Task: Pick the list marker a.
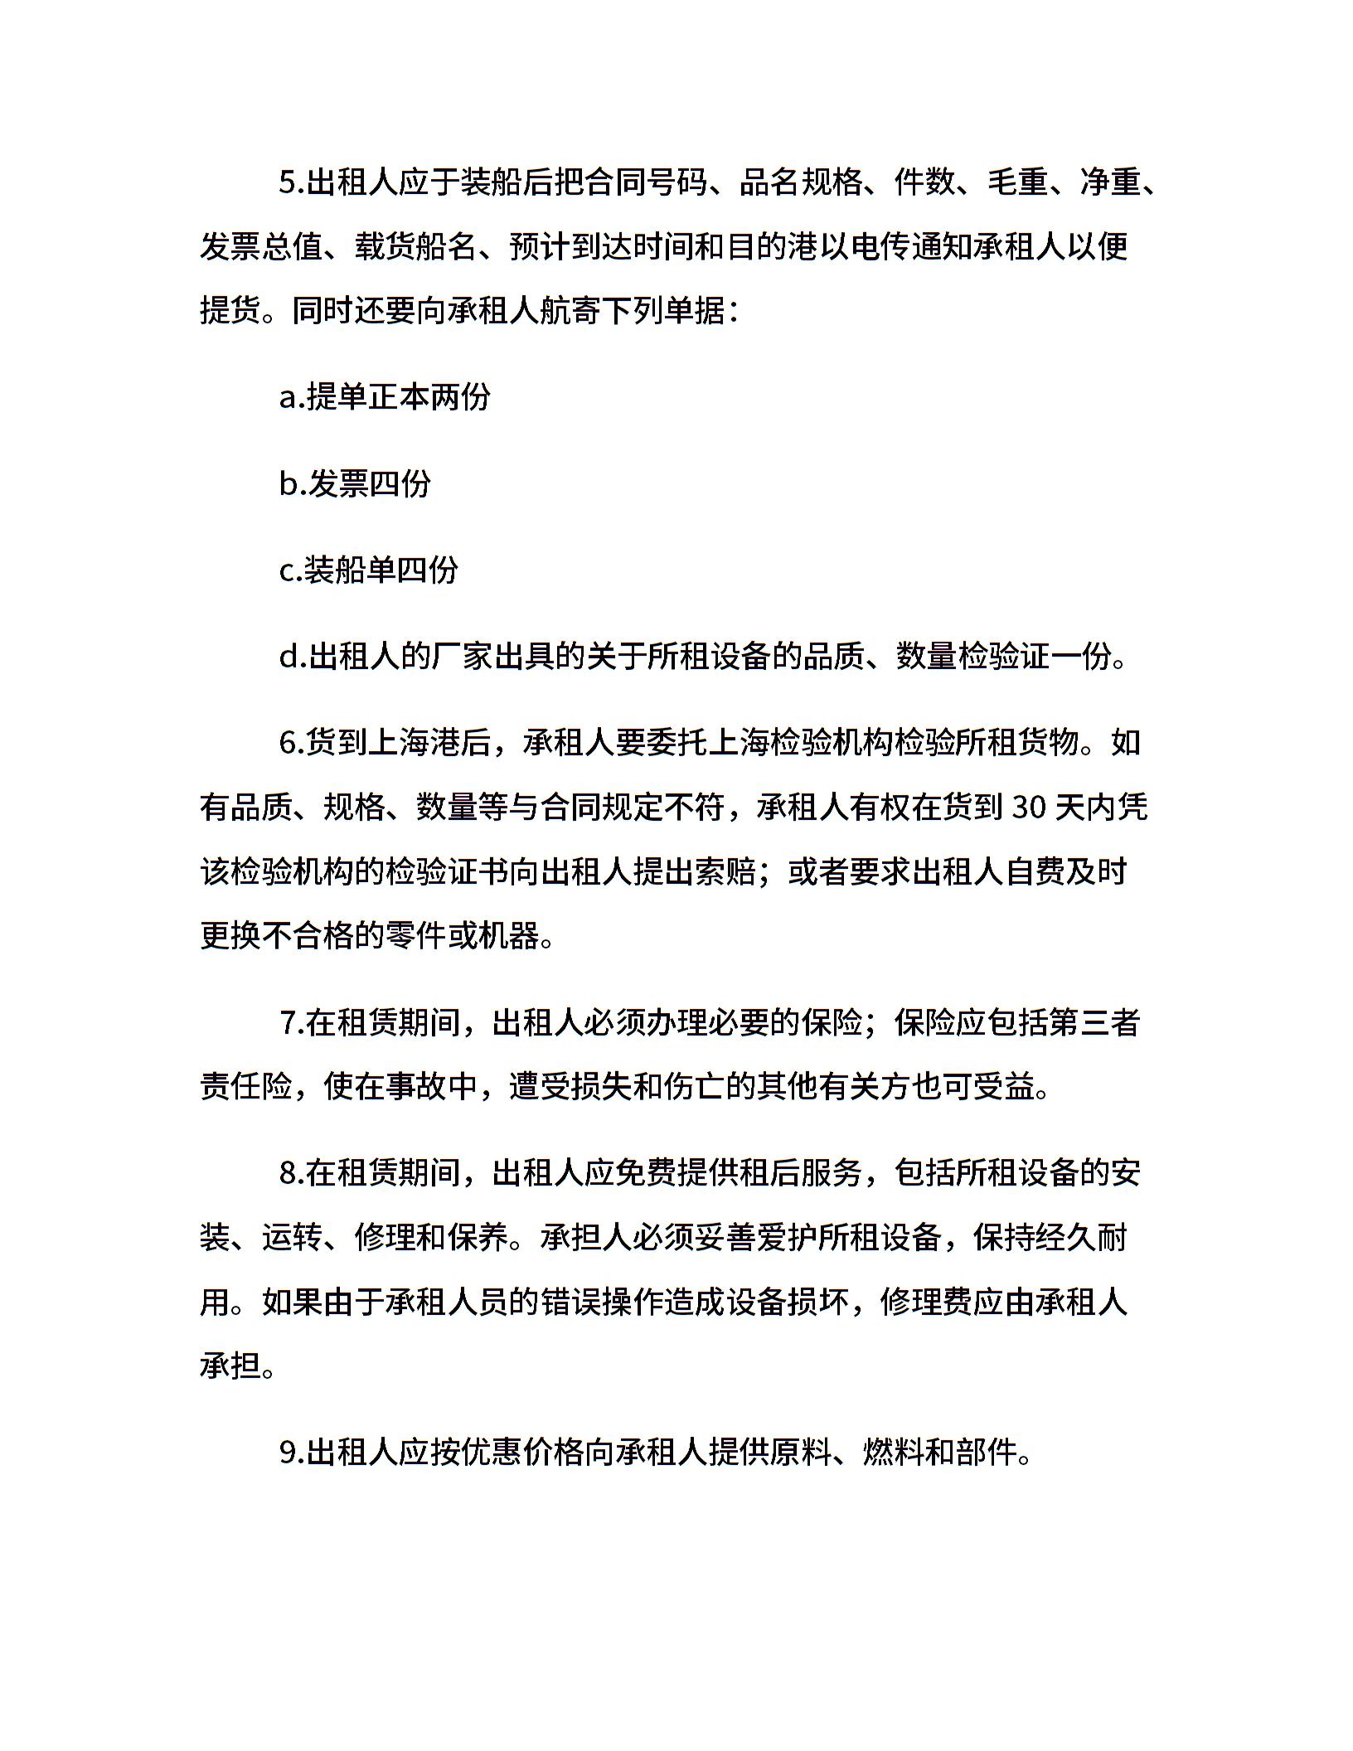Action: [289, 398]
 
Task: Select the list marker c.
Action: [288, 570]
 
